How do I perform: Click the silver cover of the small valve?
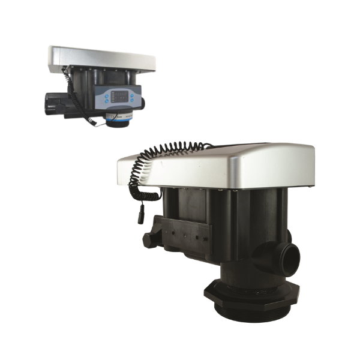[x=102, y=58]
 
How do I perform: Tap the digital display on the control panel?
[x=120, y=94]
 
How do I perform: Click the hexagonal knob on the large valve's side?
[x=146, y=238]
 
